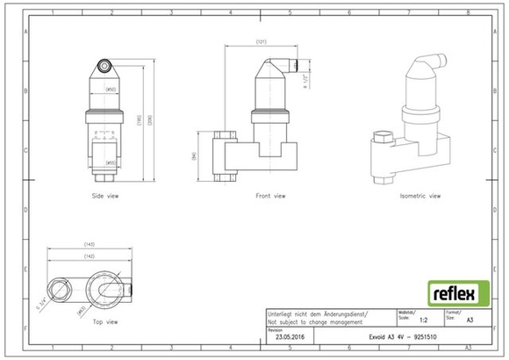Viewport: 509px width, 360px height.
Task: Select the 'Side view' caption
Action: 105,195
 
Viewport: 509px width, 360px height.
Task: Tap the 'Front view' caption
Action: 270,195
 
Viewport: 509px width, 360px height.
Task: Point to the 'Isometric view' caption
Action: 419,195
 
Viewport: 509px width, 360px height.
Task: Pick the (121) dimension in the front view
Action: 261,42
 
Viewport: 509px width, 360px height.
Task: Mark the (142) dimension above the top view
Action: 89,256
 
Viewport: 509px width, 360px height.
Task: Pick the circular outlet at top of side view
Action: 106,65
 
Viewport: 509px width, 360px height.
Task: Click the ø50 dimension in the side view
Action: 111,90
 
